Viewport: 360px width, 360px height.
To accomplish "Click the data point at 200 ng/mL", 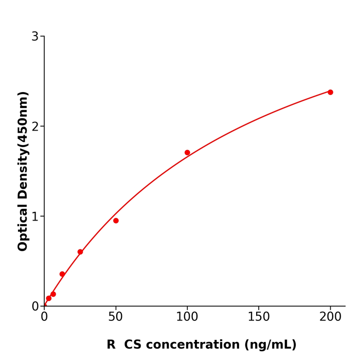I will tap(330, 92).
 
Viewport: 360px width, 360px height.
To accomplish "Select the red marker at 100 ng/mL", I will tap(187, 153).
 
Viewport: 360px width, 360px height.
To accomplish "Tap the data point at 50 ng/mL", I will tap(116, 221).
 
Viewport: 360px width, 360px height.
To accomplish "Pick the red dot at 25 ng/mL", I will tap(80, 252).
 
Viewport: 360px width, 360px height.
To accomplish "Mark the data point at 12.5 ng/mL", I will tap(62, 274).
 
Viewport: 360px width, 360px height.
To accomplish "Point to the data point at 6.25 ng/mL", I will tap(53, 294).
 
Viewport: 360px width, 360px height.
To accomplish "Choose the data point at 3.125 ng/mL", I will tap(49, 298).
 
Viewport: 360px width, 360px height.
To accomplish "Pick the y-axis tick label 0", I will tap(35, 307).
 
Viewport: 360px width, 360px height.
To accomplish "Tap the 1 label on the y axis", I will tap(35, 217).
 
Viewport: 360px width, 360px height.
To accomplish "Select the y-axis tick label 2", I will tap(35, 127).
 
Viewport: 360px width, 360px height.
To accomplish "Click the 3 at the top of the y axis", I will tap(35, 37).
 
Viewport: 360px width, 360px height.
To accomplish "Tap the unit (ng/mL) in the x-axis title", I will tap(272, 345).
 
